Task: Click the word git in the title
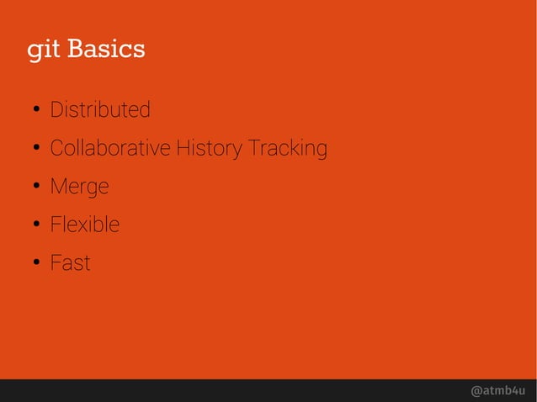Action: [44, 50]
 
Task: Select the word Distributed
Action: [100, 110]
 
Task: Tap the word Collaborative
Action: [109, 149]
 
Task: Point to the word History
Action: [208, 149]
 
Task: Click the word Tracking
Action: [287, 149]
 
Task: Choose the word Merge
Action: [79, 187]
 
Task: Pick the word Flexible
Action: [84, 225]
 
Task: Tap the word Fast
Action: [70, 263]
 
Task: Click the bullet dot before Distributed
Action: [37, 111]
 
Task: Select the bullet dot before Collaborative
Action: [37, 150]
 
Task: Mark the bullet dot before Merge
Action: [37, 188]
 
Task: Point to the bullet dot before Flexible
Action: [37, 225]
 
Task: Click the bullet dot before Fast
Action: [37, 264]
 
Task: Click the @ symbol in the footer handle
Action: [477, 391]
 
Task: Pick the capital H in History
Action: [180, 149]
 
